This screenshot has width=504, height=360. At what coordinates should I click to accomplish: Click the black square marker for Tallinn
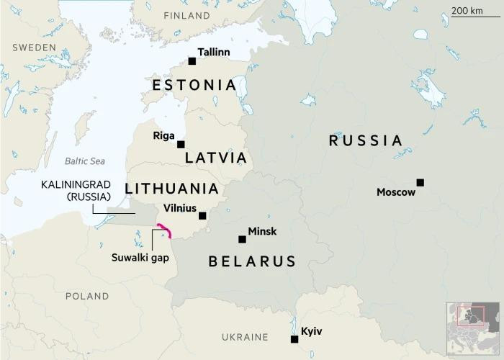192,61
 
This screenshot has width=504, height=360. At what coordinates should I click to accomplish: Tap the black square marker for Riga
181,144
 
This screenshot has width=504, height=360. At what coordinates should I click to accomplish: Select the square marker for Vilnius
202,215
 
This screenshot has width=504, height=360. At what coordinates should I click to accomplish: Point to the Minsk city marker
242,239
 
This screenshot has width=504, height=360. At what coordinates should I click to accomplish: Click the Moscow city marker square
420,182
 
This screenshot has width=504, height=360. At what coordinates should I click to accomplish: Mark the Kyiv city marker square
294,339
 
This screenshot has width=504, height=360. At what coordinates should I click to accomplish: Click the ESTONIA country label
194,86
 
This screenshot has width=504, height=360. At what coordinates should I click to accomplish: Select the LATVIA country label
215,158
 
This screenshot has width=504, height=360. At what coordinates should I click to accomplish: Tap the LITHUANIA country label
171,189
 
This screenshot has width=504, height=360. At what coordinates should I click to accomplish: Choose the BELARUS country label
252,261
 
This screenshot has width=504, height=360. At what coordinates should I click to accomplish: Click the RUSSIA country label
365,140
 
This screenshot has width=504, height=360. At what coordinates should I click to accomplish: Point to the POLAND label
86,296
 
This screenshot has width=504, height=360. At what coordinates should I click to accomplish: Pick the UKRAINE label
245,337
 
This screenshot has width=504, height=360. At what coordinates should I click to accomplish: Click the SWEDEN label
34,47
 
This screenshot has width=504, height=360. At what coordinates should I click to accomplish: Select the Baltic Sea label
85,161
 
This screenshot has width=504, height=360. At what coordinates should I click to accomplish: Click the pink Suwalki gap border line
164,230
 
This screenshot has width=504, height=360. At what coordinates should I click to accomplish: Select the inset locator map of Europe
472,328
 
